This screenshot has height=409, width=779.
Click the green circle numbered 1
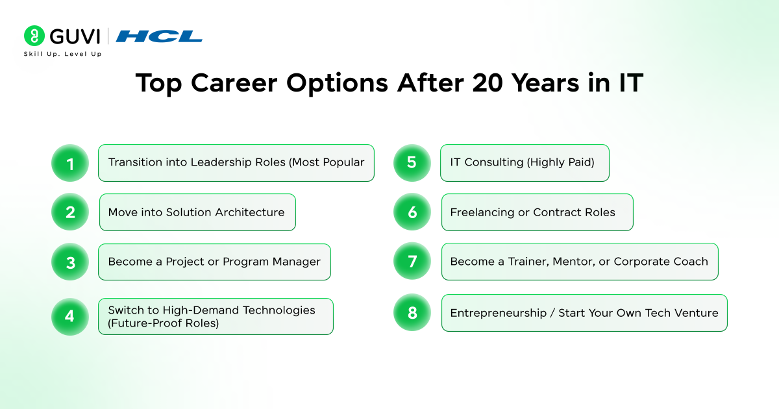pos(70,163)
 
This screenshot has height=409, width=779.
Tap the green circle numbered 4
pos(70,317)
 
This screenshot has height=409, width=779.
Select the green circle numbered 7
pos(412,261)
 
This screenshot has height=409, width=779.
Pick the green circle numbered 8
pos(412,312)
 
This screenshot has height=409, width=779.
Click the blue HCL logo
pos(159,36)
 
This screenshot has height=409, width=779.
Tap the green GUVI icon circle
pos(34,36)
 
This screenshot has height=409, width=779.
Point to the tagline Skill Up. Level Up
pos(62,54)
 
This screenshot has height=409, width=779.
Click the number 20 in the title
pos(488,83)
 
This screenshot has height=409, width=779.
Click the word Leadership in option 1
pos(221,162)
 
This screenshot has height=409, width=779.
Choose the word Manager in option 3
pos(296,262)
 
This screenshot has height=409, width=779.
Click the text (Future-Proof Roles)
pos(163,323)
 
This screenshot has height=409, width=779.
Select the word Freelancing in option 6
pos(482,212)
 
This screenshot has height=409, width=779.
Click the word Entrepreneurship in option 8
pos(499,313)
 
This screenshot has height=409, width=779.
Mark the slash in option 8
pos(552,313)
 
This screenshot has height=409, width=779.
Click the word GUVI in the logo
pos(75,36)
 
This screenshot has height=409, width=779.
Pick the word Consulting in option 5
pos(494,162)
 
